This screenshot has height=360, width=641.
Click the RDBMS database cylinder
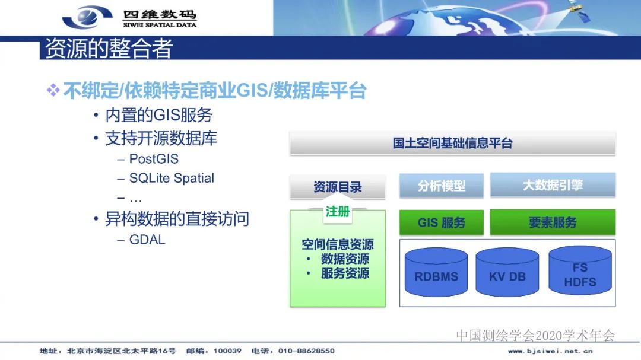coord(436,275)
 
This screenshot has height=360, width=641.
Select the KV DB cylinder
coord(507,275)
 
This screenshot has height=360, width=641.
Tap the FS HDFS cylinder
coord(580,275)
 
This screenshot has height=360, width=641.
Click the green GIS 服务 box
coord(442,223)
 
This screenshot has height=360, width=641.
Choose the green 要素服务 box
coord(553,222)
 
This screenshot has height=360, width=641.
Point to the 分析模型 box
coord(442,186)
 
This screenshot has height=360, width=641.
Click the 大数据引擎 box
coord(553,185)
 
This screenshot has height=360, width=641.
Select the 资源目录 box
coord(338,187)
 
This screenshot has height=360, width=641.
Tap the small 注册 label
coord(337,212)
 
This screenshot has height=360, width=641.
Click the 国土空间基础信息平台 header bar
coord(452,143)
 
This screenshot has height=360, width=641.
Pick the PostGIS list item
coord(154,159)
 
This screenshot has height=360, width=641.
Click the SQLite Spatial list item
coord(172,178)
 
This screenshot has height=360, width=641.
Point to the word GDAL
coord(147,240)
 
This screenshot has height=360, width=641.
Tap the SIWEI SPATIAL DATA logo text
coord(160,25)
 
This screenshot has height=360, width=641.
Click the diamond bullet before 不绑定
coord(53,91)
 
